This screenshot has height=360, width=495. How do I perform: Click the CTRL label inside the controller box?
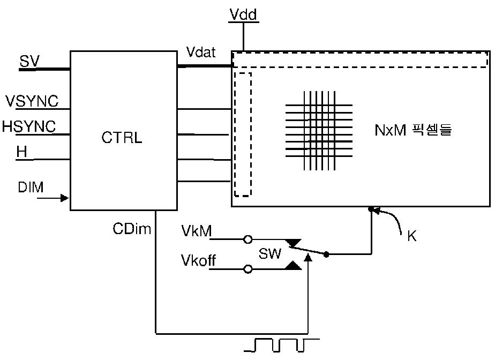pyautogui.click(x=122, y=137)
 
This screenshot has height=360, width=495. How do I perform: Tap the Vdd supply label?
pyautogui.click(x=243, y=14)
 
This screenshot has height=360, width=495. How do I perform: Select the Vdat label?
pyautogui.click(x=201, y=52)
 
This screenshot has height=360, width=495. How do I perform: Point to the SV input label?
pyautogui.click(x=29, y=61)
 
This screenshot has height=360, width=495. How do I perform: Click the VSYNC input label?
pyautogui.click(x=32, y=101)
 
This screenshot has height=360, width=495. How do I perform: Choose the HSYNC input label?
pyautogui.click(x=29, y=126)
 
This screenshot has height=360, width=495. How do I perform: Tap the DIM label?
pyautogui.click(x=31, y=187)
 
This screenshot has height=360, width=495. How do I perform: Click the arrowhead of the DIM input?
pyautogui.click(x=65, y=198)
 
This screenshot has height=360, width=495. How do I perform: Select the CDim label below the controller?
pyautogui.click(x=132, y=229)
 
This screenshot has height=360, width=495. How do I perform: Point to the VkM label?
pyautogui.click(x=197, y=231)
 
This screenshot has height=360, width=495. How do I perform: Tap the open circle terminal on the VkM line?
pyautogui.click(x=248, y=239)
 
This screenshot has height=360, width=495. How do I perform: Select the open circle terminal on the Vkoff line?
pyautogui.click(x=248, y=269)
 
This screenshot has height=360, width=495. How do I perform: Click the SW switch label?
pyautogui.click(x=269, y=253)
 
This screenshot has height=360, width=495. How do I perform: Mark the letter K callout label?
pyautogui.click(x=411, y=236)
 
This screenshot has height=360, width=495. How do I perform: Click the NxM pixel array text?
pyautogui.click(x=413, y=130)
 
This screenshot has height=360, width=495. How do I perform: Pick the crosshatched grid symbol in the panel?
pyautogui.click(x=319, y=130)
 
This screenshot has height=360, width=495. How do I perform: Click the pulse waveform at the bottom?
pyautogui.click(x=282, y=345)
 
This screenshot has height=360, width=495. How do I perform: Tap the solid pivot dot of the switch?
pyautogui.click(x=326, y=254)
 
